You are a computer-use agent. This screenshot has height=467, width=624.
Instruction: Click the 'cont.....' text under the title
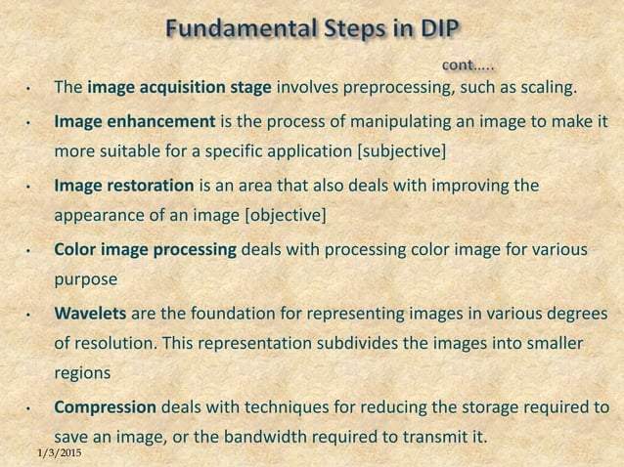pos(468,65)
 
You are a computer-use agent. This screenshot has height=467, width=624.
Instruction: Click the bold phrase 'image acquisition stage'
pos(179,91)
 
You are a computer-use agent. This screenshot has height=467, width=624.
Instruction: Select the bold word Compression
pos(106,405)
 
